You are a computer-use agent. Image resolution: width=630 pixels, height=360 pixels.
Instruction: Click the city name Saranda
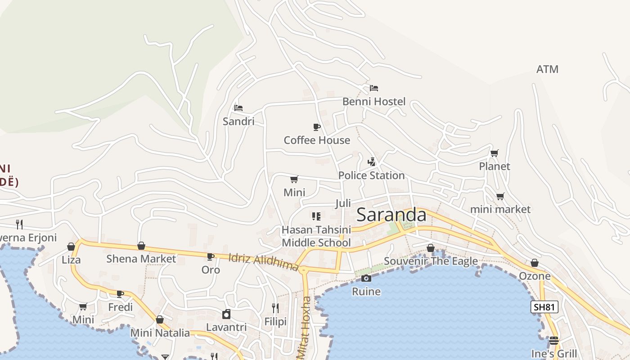click(391, 215)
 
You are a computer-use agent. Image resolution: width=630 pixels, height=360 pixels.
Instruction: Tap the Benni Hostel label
click(374, 102)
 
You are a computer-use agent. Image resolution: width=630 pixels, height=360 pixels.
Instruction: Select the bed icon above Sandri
click(238, 108)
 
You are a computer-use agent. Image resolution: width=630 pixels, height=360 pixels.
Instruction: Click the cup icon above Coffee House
click(317, 127)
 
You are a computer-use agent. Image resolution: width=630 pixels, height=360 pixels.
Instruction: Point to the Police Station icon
click(372, 162)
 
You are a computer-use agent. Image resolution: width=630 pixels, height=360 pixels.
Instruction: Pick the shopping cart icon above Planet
click(495, 153)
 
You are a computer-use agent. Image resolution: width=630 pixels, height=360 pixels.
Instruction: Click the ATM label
click(547, 69)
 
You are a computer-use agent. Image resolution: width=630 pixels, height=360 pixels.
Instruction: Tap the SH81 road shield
click(544, 307)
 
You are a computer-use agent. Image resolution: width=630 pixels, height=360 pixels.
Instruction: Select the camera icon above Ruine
click(366, 278)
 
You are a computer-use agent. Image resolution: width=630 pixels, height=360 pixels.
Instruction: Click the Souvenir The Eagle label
click(431, 261)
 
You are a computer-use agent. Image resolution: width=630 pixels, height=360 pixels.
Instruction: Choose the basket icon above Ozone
click(535, 263)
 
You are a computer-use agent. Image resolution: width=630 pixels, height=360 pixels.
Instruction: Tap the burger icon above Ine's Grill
click(553, 340)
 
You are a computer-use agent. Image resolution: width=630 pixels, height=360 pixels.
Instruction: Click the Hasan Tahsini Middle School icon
click(316, 216)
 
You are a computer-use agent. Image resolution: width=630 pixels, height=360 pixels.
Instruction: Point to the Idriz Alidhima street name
click(264, 263)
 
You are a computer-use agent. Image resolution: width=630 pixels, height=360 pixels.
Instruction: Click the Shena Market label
click(141, 259)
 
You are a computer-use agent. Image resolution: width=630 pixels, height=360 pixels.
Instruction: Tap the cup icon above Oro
click(210, 256)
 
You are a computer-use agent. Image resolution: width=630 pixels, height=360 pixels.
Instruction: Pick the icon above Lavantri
click(226, 314)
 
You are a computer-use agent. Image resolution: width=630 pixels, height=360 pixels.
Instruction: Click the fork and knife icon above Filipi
click(275, 308)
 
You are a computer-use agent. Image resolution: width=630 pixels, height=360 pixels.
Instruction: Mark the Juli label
click(343, 203)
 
